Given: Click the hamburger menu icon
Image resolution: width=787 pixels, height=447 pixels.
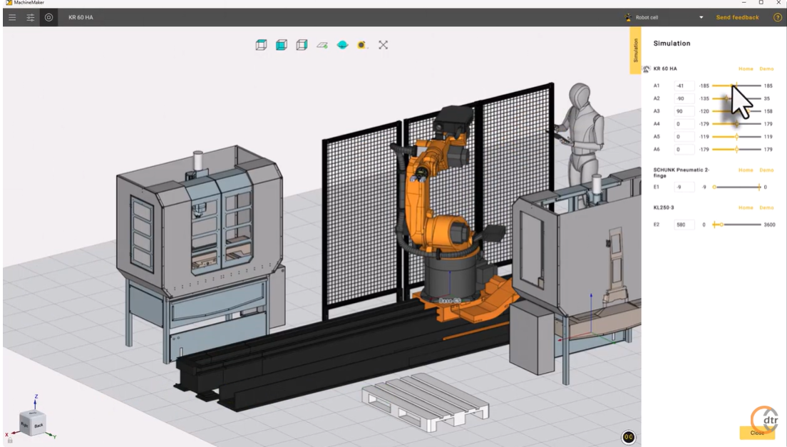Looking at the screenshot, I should coord(12,17).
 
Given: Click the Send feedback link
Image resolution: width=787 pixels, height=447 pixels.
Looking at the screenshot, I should coord(737,17).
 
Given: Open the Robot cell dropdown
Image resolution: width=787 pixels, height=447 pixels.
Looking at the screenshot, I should coord(701,17).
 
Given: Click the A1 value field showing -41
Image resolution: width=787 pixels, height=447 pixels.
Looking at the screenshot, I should coord(684,86).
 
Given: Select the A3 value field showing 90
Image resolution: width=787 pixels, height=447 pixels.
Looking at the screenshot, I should coord(684,111).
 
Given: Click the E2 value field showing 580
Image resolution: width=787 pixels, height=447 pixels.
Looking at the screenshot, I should coord(684,225).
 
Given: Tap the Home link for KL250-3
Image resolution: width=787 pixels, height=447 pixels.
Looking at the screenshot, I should coord(746,207).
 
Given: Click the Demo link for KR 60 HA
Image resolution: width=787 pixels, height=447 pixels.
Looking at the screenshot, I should coord(766,69).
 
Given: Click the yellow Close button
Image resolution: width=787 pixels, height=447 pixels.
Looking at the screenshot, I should coord(757,432).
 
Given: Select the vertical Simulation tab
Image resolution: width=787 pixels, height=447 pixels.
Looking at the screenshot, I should coord(636,50).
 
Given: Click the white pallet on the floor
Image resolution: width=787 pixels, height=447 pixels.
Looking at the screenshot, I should coord(426,401).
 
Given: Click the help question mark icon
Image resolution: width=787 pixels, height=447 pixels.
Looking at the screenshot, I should coord(778,17).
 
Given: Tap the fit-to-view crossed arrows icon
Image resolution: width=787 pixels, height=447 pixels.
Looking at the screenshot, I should coord(383,45).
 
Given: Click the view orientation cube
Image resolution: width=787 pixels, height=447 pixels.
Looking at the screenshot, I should coord(33,423).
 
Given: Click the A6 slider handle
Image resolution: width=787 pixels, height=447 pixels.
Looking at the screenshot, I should coord(736,150).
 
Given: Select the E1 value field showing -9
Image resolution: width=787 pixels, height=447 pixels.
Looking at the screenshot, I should coord(684,187).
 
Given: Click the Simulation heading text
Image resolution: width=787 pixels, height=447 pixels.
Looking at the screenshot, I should coord(672,43).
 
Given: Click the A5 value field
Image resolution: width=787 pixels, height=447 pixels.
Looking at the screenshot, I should coord(684,137).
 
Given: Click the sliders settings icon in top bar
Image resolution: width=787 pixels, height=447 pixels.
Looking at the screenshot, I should coord(31,17).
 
